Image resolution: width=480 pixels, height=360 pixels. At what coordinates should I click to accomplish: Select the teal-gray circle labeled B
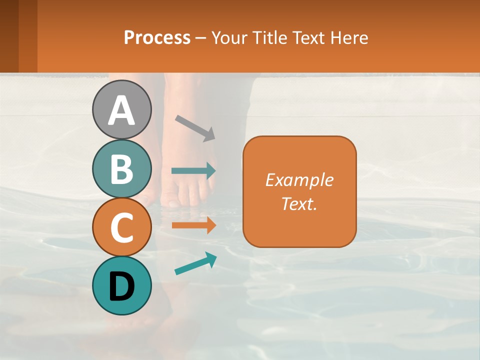pos(121,169)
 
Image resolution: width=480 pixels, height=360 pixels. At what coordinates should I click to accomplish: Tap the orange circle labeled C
pos(121,227)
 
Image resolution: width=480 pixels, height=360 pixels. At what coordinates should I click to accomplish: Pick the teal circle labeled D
pos(121,286)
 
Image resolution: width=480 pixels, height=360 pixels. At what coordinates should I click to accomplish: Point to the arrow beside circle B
pos(193,171)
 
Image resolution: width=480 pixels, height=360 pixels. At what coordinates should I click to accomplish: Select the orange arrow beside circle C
pos(193,225)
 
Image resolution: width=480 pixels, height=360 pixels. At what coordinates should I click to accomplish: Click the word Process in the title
pos(157,38)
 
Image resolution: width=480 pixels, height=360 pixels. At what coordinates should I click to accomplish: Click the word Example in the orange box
pos(299,180)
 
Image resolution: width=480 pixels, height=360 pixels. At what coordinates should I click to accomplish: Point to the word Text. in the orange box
pos(299,203)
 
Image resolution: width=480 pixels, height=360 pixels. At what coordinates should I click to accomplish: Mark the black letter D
pos(121,287)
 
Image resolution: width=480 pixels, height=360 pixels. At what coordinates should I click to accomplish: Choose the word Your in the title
pos(230,38)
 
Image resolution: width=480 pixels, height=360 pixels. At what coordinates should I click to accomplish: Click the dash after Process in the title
pos(201,38)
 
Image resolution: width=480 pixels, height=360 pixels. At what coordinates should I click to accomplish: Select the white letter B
pos(121,169)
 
